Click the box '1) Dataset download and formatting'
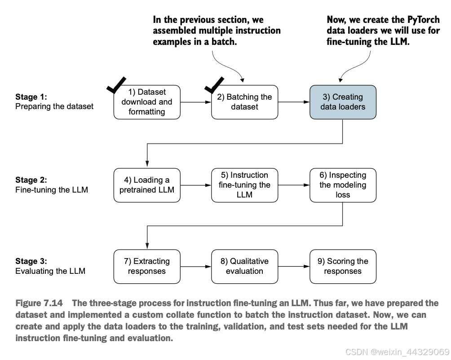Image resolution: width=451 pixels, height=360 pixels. click(147, 102)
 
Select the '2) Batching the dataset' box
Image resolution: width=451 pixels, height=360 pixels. click(244, 102)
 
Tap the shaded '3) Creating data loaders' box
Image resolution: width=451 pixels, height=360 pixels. click(343, 102)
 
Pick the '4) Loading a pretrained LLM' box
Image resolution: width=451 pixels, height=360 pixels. click(147, 185)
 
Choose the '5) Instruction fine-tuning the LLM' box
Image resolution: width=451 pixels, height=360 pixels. click(244, 185)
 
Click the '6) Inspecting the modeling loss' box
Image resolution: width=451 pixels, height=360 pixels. click(343, 185)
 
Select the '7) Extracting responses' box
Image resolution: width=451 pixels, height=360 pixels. click(147, 266)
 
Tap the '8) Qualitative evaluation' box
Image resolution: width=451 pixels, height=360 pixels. click(244, 266)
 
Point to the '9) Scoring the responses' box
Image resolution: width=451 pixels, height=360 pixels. click(343, 266)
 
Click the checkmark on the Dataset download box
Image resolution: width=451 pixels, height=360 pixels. click(115, 86)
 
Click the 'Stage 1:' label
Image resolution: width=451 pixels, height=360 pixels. click(31, 97)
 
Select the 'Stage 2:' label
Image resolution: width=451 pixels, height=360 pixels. click(31, 180)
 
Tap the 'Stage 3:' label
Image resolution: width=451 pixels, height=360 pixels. click(31, 261)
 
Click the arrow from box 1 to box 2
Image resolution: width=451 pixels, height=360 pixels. click(196, 102)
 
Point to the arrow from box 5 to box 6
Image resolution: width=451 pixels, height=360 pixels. click(294, 185)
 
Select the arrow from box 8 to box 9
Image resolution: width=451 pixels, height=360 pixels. click(294, 266)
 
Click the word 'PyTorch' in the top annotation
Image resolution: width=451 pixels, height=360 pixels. click(424, 20)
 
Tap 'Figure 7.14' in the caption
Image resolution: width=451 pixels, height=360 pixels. click(39, 303)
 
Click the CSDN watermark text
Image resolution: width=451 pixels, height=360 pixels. click(397, 352)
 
